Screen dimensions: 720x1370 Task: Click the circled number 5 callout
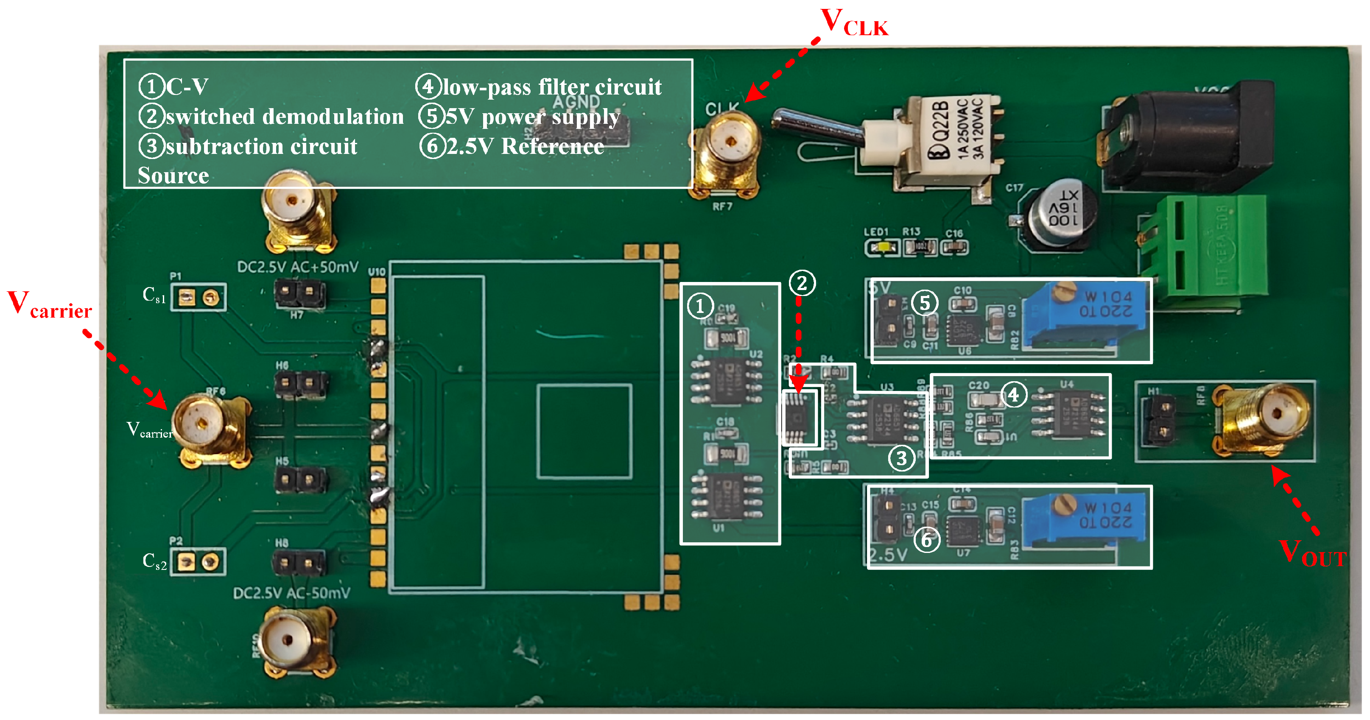925,303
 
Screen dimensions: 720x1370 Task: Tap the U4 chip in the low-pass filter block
1069,415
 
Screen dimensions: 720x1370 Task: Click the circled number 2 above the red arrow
802,283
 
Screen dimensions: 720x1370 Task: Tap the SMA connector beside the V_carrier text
205,425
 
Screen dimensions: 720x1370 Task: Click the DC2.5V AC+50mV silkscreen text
298,267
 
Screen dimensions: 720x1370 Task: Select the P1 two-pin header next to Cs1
198,297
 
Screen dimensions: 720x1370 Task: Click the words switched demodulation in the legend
285,117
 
